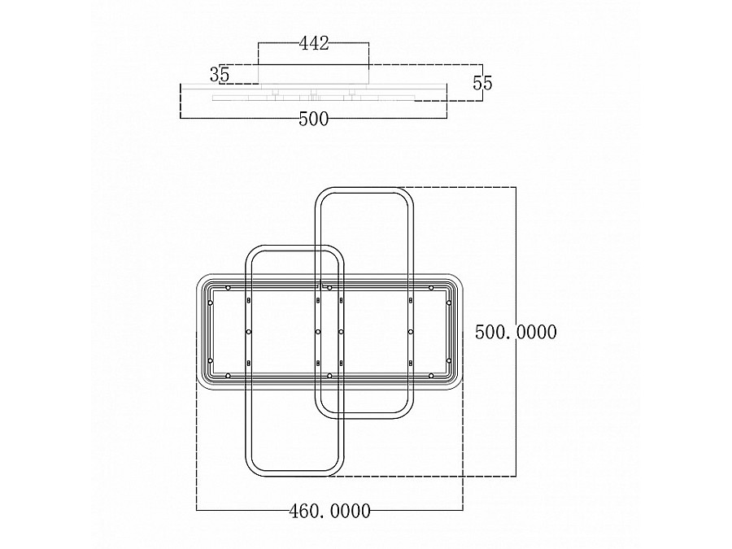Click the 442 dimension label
314,43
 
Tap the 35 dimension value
220,74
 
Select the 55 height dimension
482,83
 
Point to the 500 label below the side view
314,119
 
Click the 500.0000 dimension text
516,332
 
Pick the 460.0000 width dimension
329,511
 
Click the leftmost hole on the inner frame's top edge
228,288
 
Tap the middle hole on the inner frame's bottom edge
329,375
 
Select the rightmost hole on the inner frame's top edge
431,288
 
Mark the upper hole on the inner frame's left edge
211,303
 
